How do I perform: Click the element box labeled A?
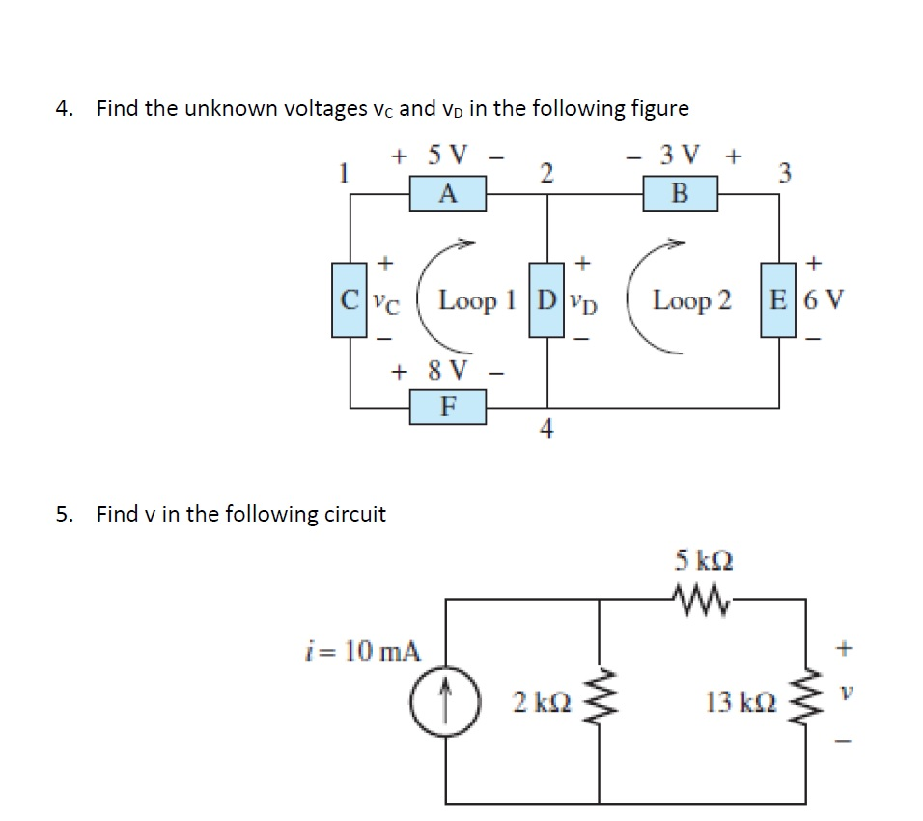[447, 194]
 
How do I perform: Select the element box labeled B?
[680, 194]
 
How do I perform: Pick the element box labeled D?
[547, 300]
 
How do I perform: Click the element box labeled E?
[777, 300]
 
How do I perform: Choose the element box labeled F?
[447, 407]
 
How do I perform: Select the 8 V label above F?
[443, 370]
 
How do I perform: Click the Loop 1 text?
[481, 300]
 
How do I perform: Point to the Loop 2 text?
[691, 300]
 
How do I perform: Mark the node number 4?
[547, 431]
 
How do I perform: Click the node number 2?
[546, 172]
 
